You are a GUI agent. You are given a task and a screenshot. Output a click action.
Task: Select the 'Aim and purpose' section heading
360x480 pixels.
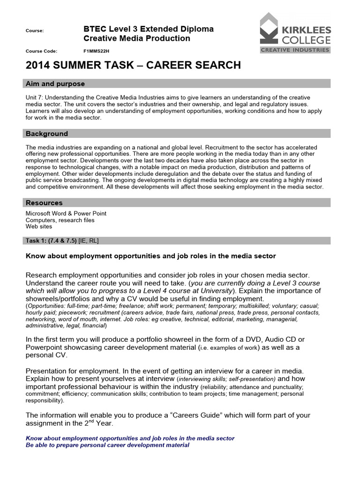[x=55, y=84]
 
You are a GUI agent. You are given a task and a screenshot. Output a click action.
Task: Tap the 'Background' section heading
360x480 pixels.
[x=47, y=134]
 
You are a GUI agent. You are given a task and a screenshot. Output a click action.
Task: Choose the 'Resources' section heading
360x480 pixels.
[x=44, y=203]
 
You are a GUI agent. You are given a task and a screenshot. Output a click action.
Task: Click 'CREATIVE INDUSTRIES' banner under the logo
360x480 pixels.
[x=295, y=50]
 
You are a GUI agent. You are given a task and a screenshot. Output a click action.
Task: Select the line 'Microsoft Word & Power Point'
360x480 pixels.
[x=66, y=213]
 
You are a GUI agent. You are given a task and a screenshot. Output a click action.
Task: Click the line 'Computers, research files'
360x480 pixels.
[x=60, y=220]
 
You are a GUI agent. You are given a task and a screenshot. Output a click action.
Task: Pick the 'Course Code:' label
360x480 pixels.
[x=41, y=51]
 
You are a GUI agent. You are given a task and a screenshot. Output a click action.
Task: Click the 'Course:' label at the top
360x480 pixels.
[x=35, y=31]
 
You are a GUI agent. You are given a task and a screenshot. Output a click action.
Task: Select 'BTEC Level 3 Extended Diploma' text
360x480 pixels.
[x=148, y=29]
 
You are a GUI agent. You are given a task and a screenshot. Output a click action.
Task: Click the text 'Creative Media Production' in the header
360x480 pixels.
[x=136, y=38]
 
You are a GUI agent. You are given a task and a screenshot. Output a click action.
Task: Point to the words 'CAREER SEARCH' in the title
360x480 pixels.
[x=194, y=65]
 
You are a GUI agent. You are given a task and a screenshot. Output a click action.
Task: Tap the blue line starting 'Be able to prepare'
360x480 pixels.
[x=107, y=445]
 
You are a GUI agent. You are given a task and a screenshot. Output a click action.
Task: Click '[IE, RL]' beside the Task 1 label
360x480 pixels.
[x=89, y=240]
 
